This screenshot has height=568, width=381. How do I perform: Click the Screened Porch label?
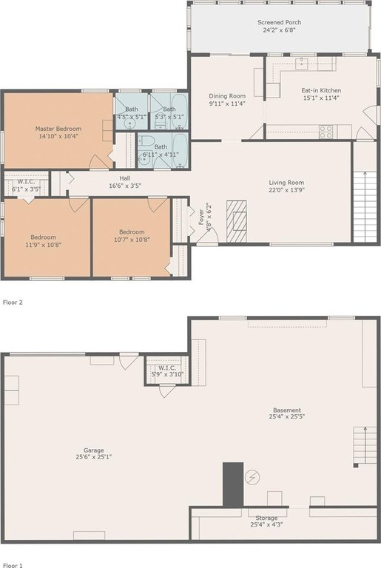pyautogui.click(x=279, y=22)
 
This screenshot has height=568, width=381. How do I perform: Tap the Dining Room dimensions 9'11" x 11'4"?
pyautogui.click(x=227, y=104)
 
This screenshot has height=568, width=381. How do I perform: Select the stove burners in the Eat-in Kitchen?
pyautogui.click(x=326, y=132)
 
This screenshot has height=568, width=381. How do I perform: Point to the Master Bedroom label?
pyautogui.click(x=58, y=129)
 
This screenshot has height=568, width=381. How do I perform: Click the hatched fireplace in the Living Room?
pyautogui.click(x=236, y=221)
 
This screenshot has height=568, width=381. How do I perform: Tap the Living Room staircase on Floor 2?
pyautogui.click(x=365, y=206)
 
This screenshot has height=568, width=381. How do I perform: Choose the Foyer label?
pyautogui.click(x=201, y=217)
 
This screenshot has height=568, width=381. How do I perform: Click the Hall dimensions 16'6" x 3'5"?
pyautogui.click(x=125, y=186)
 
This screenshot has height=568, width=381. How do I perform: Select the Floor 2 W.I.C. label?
pyautogui.click(x=26, y=182)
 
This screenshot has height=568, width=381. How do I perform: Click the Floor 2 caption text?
pyautogui.click(x=13, y=302)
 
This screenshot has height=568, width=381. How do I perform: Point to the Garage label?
pyautogui.click(x=93, y=450)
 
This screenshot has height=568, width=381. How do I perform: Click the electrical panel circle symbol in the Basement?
pyautogui.click(x=252, y=478)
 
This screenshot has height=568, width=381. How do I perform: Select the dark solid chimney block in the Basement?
pyautogui.click(x=233, y=484)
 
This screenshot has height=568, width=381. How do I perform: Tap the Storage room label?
pyautogui.click(x=266, y=518)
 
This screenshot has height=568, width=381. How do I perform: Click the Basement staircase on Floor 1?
pyautogui.click(x=365, y=445)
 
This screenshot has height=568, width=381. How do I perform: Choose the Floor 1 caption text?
pyautogui.click(x=13, y=565)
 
